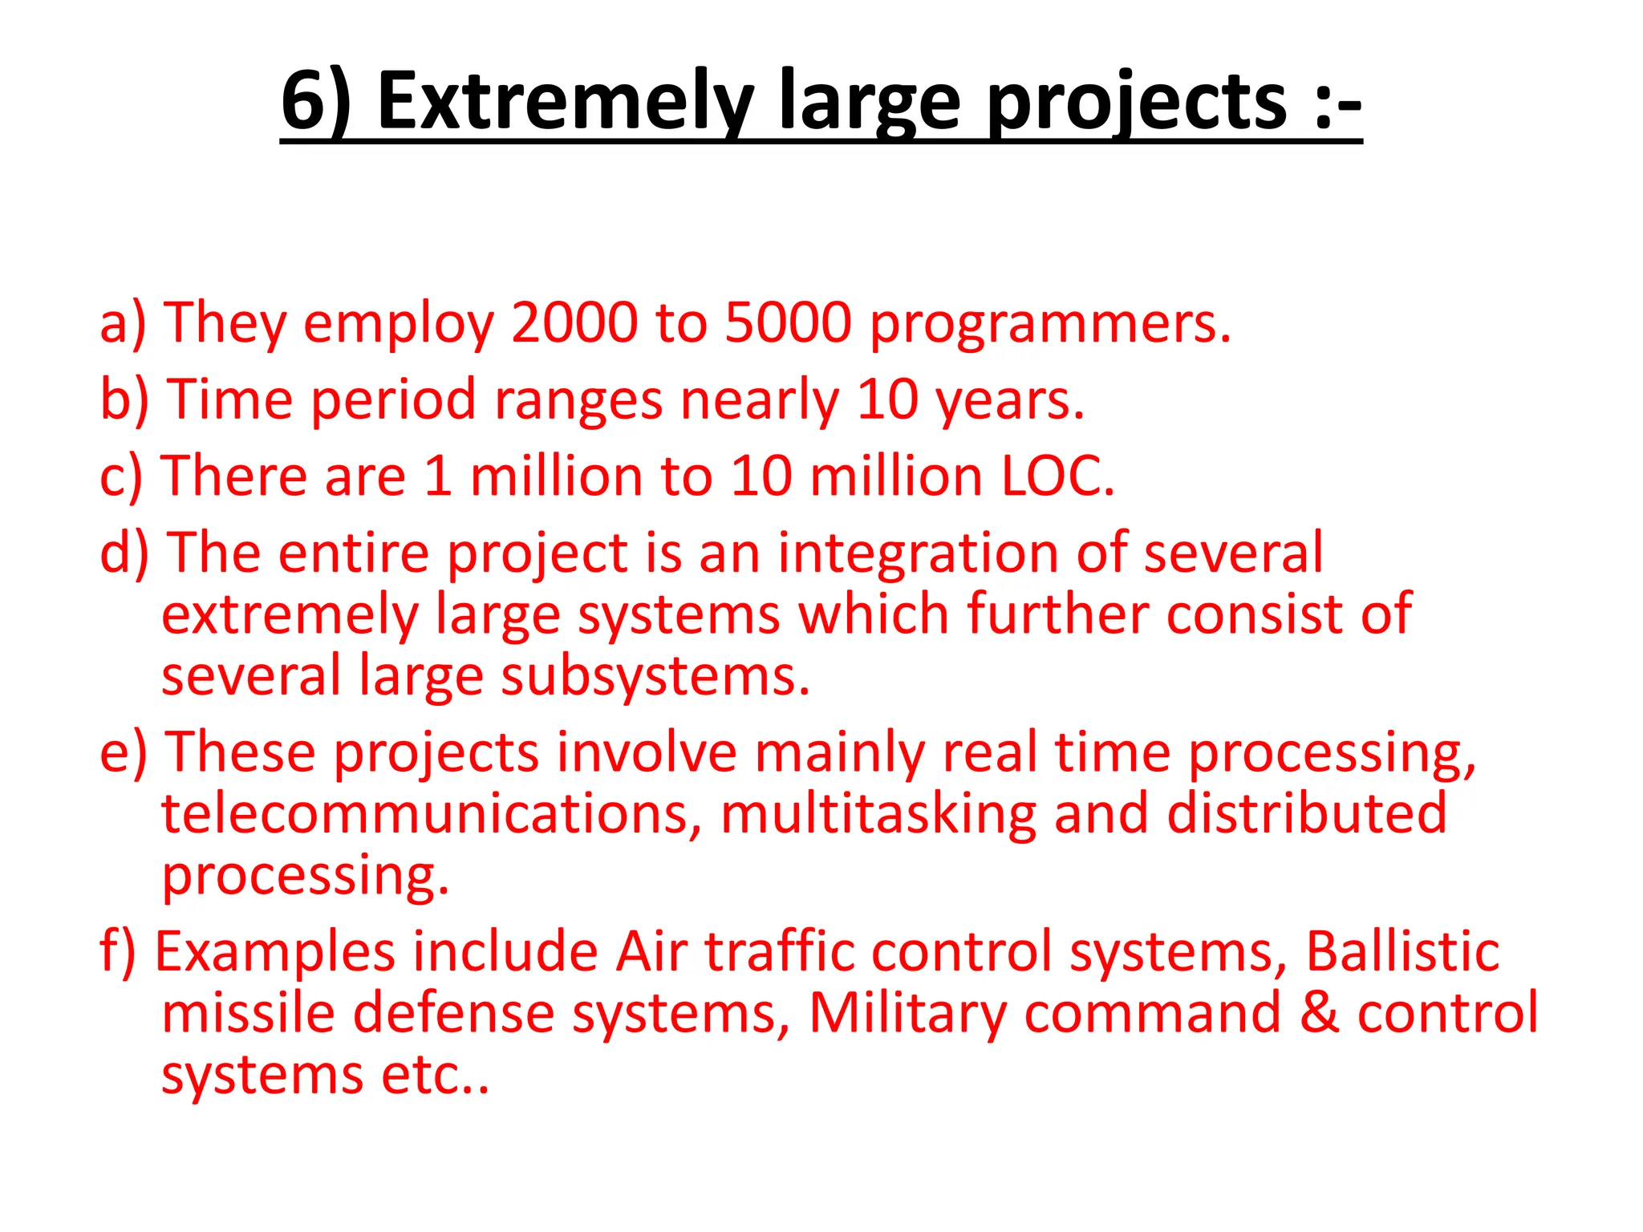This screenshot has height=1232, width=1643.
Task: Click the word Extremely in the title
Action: [x=565, y=102]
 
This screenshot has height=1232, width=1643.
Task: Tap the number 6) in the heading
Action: [x=316, y=102]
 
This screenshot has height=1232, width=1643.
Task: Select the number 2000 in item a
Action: [x=574, y=323]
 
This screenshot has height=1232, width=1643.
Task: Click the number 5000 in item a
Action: [x=788, y=323]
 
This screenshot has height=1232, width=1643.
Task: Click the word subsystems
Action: [x=655, y=677]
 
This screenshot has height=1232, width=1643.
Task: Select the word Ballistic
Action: [x=1402, y=952]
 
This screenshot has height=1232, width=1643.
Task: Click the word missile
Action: [x=248, y=1013]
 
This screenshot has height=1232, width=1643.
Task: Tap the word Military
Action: [x=907, y=1015]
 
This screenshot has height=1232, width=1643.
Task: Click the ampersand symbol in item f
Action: [x=1319, y=1013]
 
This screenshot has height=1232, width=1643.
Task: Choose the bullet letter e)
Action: [x=124, y=754]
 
